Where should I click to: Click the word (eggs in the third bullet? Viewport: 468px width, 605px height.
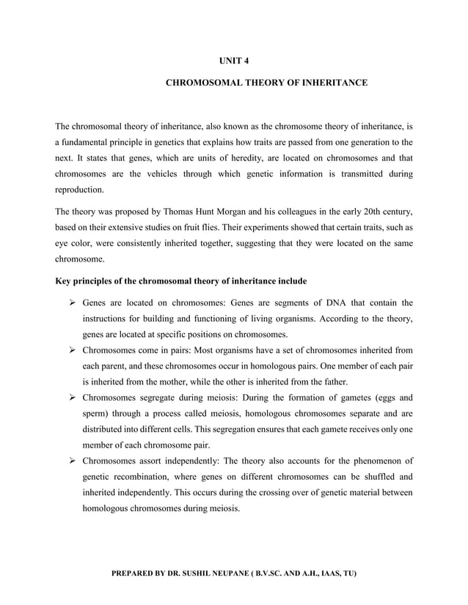coord(375,398)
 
